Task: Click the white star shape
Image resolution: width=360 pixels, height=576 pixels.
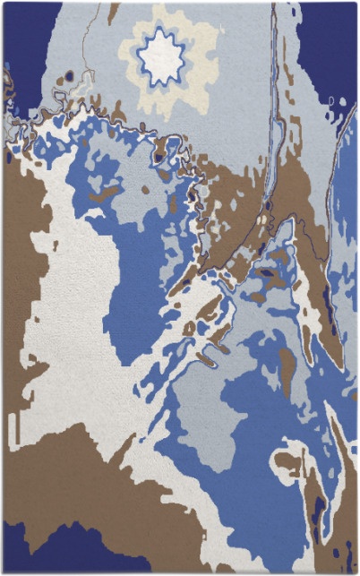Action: (162, 58)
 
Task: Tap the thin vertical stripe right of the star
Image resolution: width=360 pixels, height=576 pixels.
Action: (274, 90)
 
